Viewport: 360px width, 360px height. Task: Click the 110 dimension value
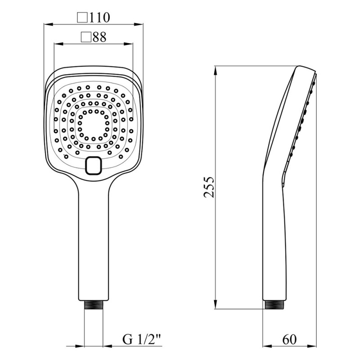[99, 17]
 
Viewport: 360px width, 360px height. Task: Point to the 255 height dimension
[209, 187]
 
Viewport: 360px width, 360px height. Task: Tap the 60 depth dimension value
[289, 339]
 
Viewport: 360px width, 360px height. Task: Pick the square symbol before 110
[82, 18]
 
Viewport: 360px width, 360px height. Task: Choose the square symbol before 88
[86, 37]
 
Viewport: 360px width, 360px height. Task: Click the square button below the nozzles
[93, 165]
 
